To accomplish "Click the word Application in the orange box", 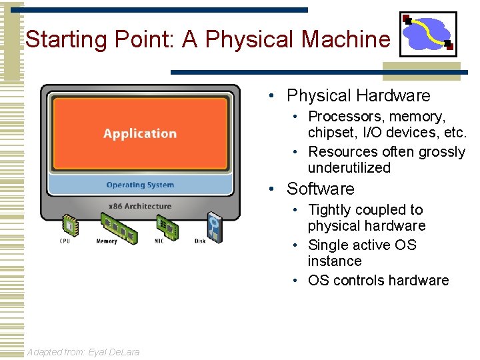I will pos(140,133).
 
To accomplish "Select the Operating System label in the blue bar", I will pos(140,185).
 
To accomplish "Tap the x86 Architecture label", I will pos(140,206).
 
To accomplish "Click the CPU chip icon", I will pos(70,225).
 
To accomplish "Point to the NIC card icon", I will pos(169,228).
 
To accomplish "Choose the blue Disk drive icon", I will pos(214,227).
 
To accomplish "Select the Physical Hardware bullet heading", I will pos(358,96).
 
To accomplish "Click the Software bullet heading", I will pos(320,189).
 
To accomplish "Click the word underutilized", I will pos(349,168).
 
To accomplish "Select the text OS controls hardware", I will pos(378,281).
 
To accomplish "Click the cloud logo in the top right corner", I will pos(428,34).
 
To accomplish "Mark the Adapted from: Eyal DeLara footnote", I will pos(83,351).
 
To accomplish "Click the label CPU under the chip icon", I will pos(65,241).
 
